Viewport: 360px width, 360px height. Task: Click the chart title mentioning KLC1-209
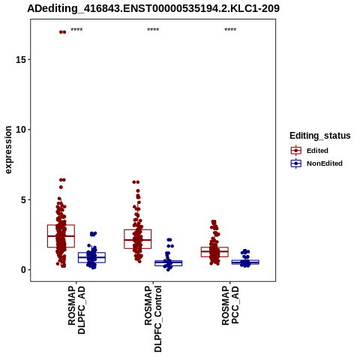153,8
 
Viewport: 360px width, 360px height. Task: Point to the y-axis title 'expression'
8,150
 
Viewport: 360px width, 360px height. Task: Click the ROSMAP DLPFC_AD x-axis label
76,310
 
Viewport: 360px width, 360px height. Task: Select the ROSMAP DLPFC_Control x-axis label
153,319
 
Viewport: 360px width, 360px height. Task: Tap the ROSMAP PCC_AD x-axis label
230,305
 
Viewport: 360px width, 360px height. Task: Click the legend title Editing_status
320,136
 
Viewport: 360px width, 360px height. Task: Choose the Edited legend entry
310,151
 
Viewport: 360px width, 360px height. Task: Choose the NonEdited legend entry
316,163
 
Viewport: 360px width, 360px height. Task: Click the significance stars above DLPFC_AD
76,30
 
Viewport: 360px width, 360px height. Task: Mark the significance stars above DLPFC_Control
153,30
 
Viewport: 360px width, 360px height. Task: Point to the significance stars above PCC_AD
230,30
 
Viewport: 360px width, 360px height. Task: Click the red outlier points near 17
62,32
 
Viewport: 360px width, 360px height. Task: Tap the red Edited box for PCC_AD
214,252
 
